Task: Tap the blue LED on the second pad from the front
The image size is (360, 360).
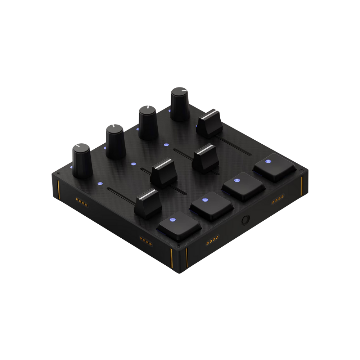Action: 205,199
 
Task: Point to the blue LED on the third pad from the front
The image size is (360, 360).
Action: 237,180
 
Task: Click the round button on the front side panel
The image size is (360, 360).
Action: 246,219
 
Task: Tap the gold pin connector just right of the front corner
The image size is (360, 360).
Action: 212,239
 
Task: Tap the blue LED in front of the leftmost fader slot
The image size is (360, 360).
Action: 100,183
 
